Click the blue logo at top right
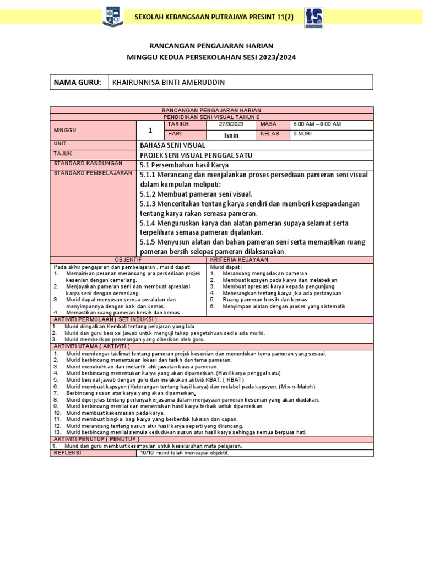(x=314, y=17)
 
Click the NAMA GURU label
(x=77, y=82)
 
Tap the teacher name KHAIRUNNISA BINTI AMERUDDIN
(x=168, y=82)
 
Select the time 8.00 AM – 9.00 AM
(x=317, y=124)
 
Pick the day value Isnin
(x=231, y=134)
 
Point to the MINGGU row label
(x=65, y=130)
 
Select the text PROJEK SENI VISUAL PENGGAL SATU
(x=196, y=155)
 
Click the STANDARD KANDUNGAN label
(x=80, y=164)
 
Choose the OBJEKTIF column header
(x=128, y=259)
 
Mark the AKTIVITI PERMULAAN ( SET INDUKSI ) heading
(x=105, y=319)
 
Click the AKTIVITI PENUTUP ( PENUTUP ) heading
(x=96, y=439)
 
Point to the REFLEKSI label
(x=67, y=453)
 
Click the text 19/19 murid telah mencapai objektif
(x=184, y=453)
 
